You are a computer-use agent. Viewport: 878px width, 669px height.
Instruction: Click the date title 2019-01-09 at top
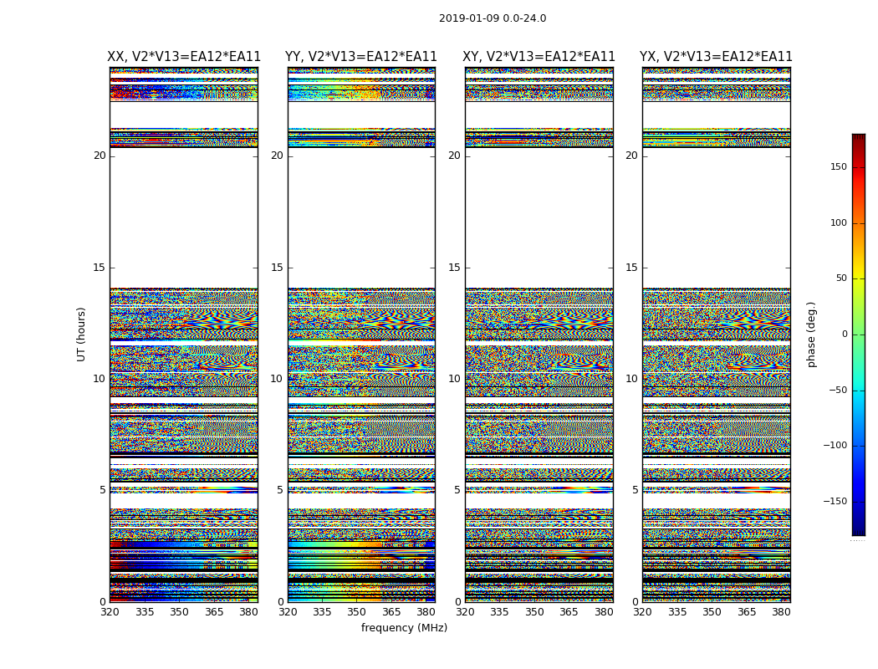(x=492, y=18)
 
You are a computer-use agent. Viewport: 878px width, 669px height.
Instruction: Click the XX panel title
(x=184, y=57)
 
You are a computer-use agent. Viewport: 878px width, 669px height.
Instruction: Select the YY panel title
(x=361, y=57)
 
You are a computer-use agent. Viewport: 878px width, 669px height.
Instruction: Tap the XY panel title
(x=539, y=57)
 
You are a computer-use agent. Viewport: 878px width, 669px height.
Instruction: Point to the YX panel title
(x=716, y=57)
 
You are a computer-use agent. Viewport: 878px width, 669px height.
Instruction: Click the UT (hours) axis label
(x=82, y=334)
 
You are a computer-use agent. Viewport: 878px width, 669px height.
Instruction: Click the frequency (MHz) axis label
(x=404, y=628)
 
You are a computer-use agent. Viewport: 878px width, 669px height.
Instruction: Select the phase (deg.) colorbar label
(x=812, y=334)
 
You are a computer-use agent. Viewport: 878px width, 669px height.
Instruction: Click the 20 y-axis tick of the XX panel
(x=100, y=156)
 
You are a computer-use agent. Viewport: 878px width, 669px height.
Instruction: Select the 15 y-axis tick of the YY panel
(x=277, y=268)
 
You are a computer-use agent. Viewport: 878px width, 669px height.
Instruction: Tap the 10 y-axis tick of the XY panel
(x=454, y=379)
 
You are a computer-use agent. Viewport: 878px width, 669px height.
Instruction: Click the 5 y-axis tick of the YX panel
(x=635, y=491)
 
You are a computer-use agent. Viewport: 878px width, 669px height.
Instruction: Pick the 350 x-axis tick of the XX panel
(x=179, y=612)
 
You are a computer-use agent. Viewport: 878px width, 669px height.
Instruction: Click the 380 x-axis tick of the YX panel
(x=781, y=612)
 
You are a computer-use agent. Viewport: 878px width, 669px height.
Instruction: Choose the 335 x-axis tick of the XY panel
(x=499, y=612)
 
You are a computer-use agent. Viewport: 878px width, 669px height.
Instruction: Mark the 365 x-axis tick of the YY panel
(x=391, y=612)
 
